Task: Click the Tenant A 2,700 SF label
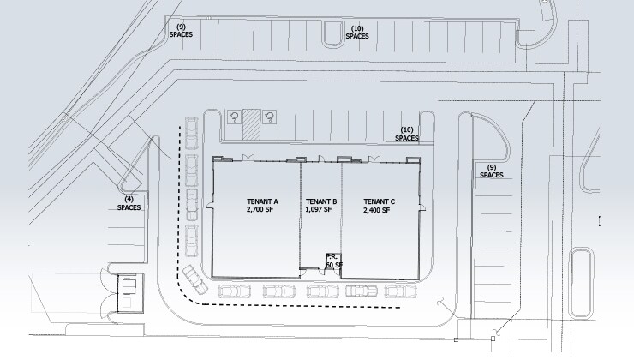tap(262, 206)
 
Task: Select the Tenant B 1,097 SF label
tap(321, 206)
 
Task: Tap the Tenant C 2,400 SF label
tap(379, 206)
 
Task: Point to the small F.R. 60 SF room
tap(333, 261)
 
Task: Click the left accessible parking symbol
tap(234, 117)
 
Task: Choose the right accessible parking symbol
tap(269, 117)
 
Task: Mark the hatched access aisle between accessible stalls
tap(251, 125)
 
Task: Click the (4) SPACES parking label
tap(129, 203)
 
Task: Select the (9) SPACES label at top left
tap(181, 31)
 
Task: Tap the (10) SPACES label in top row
tap(357, 33)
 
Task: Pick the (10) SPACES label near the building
tap(407, 134)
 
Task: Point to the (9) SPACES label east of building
tap(492, 171)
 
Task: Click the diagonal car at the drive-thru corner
tap(195, 279)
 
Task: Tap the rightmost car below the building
tap(400, 291)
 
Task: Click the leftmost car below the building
tap(235, 291)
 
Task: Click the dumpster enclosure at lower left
tap(130, 293)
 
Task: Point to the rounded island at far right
tap(581, 284)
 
